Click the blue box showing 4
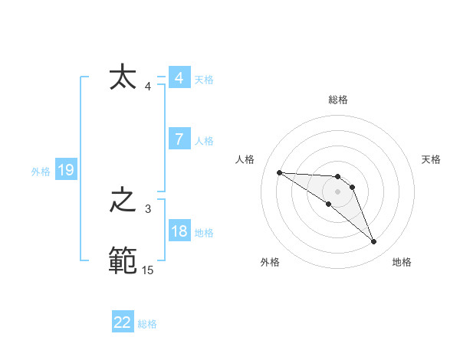click(179, 78)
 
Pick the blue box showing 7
click(179, 139)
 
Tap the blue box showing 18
click(179, 231)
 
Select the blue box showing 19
click(66, 170)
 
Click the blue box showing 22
click(123, 322)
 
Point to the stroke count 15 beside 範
click(147, 270)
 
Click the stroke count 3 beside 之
click(147, 208)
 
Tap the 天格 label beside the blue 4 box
click(204, 80)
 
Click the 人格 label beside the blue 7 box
click(204, 141)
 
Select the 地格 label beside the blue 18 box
click(204, 233)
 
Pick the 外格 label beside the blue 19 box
click(41, 172)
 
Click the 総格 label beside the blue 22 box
click(147, 324)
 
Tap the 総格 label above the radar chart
click(338, 100)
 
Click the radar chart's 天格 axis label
click(431, 159)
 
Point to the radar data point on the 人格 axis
click(279, 172)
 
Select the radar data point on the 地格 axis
click(374, 242)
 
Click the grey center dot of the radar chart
click(338, 191)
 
